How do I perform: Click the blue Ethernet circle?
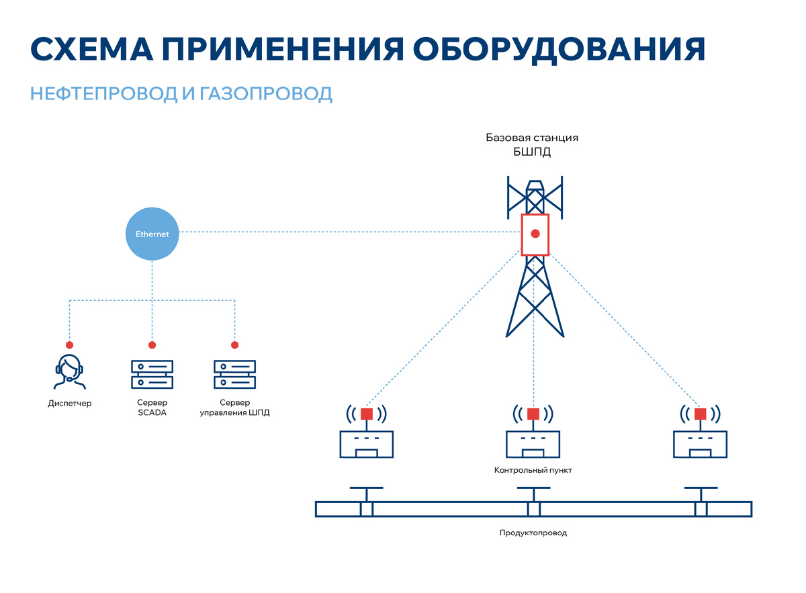click(152, 234)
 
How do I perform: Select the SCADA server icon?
click(151, 374)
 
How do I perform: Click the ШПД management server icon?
click(234, 374)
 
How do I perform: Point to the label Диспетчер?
click(69, 404)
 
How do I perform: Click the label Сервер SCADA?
click(151, 408)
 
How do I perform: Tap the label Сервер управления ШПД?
click(234, 408)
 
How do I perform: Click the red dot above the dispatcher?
click(69, 345)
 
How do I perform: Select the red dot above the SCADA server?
click(152, 345)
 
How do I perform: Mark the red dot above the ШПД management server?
click(234, 345)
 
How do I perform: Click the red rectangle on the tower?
click(535, 234)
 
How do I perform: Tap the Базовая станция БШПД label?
click(532, 144)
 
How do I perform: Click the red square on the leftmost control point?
click(367, 414)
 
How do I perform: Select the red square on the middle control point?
click(533, 414)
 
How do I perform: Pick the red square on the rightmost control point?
click(701, 414)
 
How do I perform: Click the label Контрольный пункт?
click(533, 471)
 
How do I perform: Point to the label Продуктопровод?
click(533, 533)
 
